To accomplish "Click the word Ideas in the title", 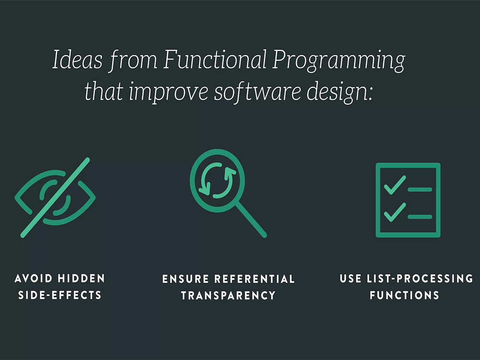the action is [x=77, y=59].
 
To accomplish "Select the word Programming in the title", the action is [x=339, y=61].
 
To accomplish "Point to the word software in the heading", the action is [x=257, y=91].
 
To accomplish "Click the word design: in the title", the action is [x=340, y=91].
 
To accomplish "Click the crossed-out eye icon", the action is [x=55, y=197].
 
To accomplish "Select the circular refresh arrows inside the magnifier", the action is [x=217, y=180].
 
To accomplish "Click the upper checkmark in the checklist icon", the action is [x=395, y=185].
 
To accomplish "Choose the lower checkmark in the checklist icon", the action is [x=395, y=213].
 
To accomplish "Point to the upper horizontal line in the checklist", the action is [x=420, y=190].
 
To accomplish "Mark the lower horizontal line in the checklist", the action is [x=420, y=217].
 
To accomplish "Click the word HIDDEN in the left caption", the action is [x=82, y=278].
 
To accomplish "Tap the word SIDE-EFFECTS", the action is [x=60, y=295].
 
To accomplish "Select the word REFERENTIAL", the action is [x=254, y=279].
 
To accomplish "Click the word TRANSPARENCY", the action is [x=228, y=295].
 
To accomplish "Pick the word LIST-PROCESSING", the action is [x=420, y=278].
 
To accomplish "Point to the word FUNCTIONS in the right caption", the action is [x=404, y=295].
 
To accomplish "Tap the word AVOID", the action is [x=34, y=278].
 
